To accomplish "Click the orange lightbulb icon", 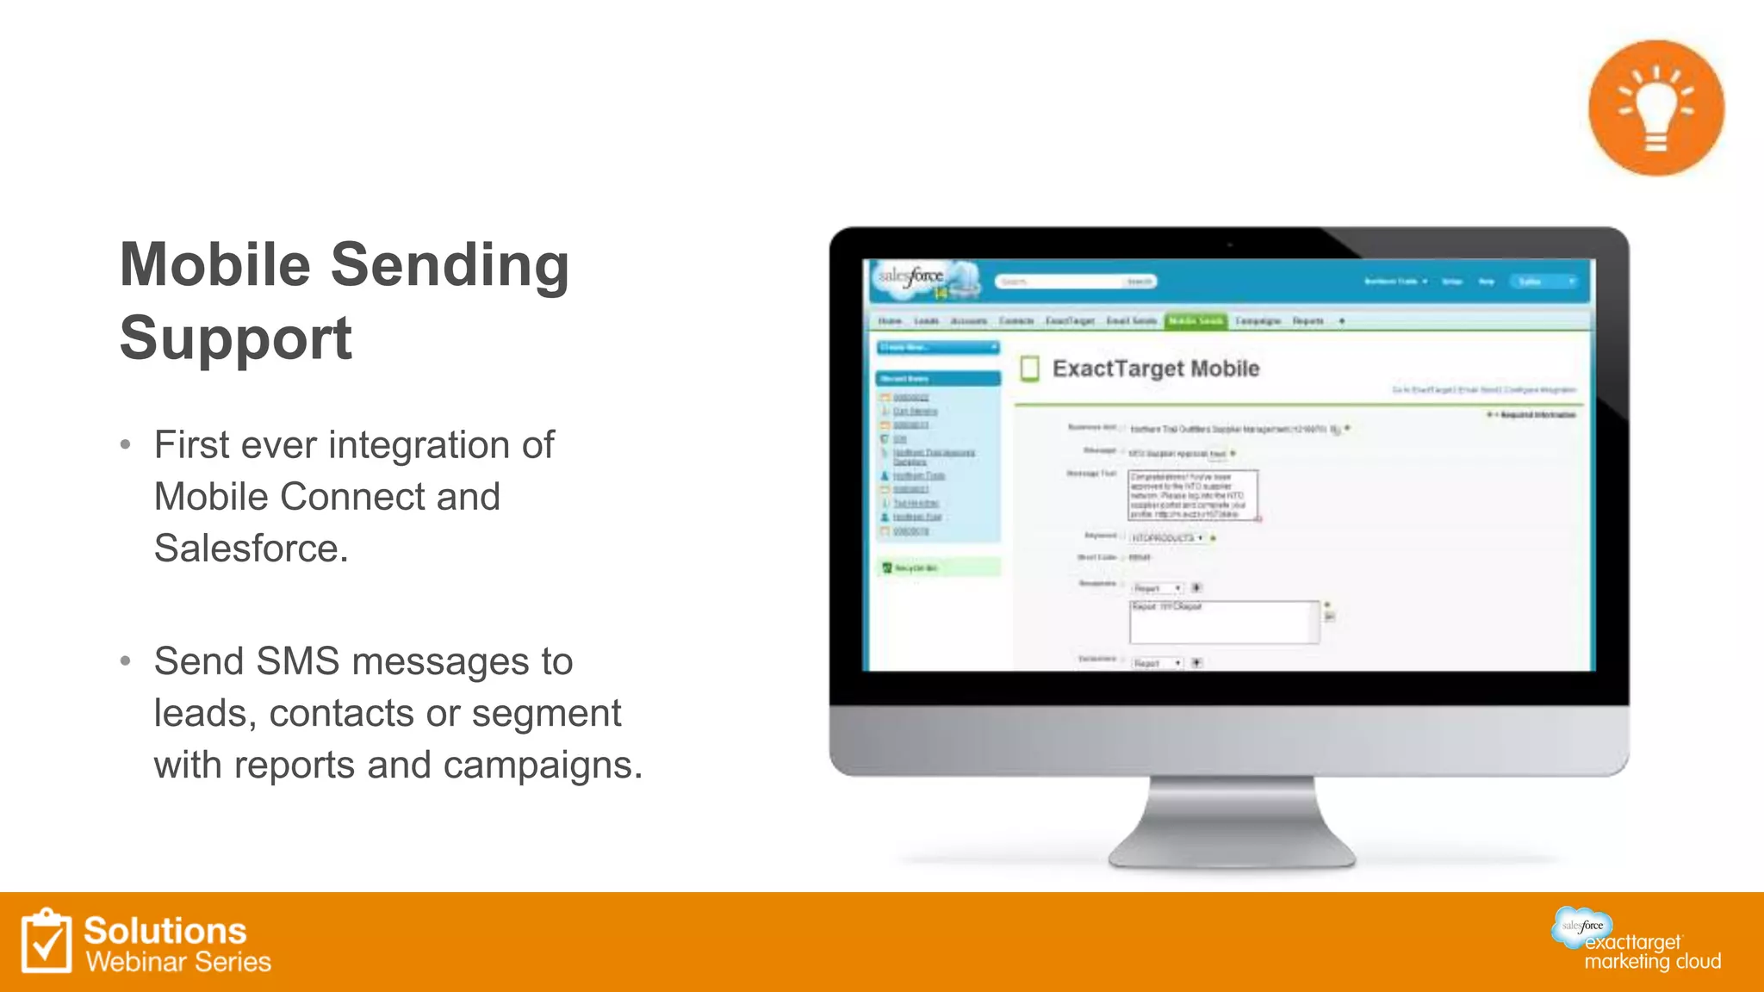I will (x=1655, y=108).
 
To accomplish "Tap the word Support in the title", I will (x=235, y=338).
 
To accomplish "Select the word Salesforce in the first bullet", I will (x=251, y=549).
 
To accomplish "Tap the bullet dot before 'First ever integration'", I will (x=126, y=445).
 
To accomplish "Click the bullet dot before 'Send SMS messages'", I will (x=126, y=661).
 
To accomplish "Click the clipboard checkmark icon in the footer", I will (x=47, y=941).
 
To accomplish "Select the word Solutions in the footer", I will (x=165, y=931).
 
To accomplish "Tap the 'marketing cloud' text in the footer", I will (x=1652, y=961).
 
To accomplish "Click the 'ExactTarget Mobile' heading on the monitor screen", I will (x=1155, y=369).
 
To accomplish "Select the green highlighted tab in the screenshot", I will (x=1195, y=321).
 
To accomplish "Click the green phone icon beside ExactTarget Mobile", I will (x=1029, y=369).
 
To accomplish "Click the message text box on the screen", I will (x=1192, y=495).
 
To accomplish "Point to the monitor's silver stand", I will (x=1231, y=822).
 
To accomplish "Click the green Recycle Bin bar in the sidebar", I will (x=938, y=567).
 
